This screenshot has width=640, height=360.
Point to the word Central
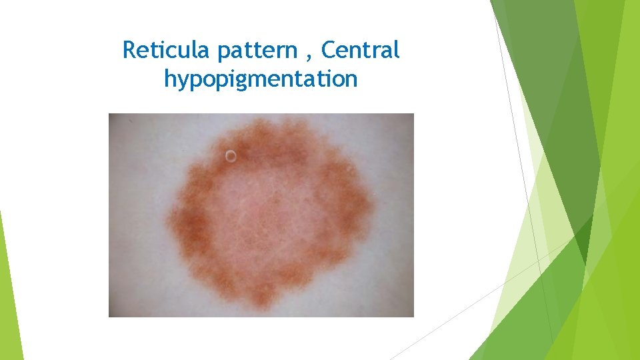(x=362, y=50)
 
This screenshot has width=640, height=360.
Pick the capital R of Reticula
(x=129, y=50)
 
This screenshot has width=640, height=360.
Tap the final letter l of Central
(x=397, y=49)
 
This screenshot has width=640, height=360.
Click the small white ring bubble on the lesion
(x=231, y=157)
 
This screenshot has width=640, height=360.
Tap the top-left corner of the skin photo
(x=110, y=115)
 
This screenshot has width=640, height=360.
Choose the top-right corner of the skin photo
(x=413, y=115)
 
